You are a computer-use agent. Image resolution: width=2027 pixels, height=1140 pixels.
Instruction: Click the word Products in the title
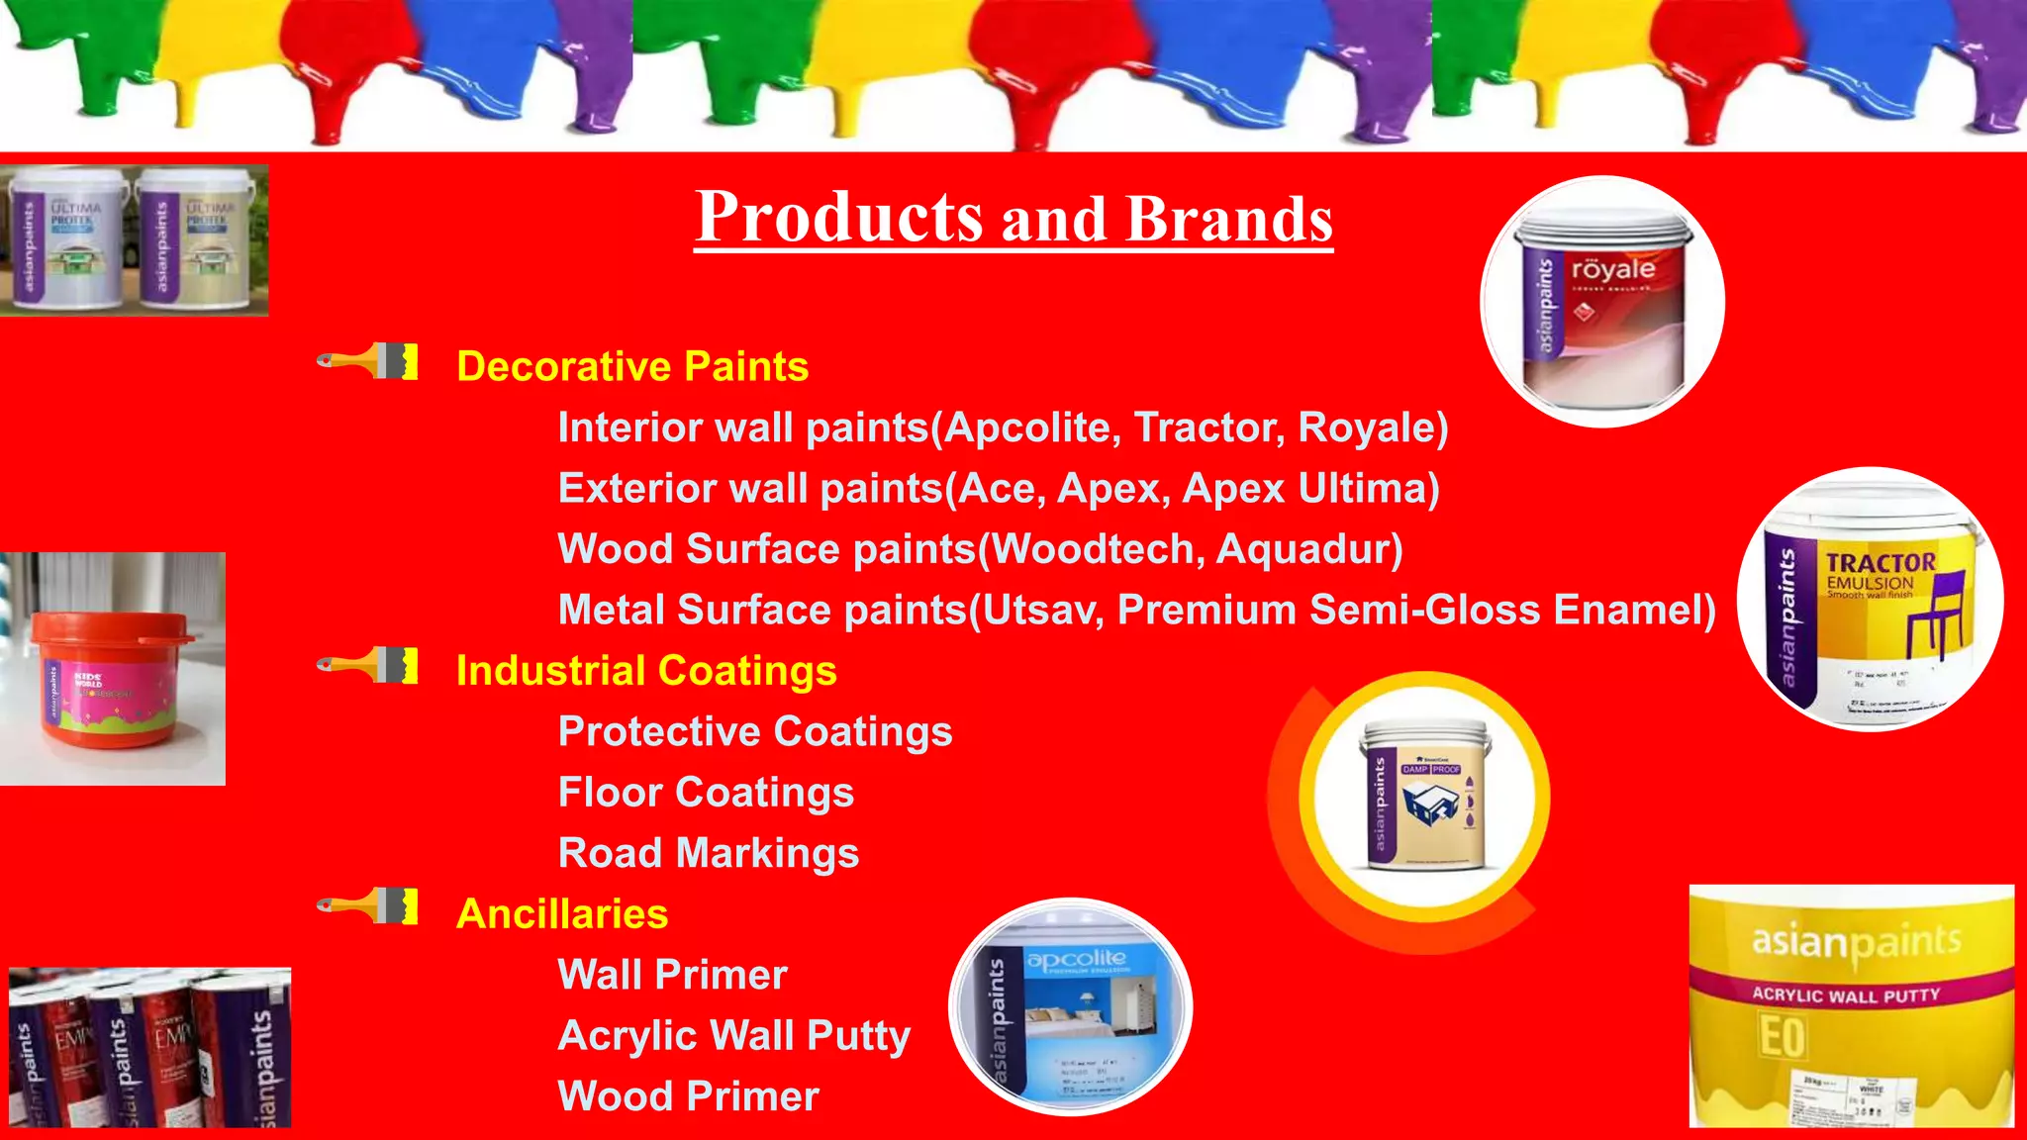coord(839,217)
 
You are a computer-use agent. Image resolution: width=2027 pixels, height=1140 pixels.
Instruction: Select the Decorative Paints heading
coord(632,367)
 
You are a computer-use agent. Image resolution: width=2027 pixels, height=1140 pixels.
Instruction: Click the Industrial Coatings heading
coord(646,671)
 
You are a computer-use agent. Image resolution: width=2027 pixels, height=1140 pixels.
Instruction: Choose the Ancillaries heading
coord(562,914)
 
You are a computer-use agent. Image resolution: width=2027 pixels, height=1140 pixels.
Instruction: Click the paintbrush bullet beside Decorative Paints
coord(368,362)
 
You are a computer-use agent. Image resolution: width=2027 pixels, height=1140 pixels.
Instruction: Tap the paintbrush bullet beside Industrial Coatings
coord(368,666)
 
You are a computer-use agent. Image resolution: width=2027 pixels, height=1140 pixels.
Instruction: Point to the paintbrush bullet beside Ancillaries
coord(368,907)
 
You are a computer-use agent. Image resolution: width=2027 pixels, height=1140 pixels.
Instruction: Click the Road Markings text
coord(709,853)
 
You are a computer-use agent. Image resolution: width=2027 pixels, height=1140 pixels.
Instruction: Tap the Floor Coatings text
coord(706,793)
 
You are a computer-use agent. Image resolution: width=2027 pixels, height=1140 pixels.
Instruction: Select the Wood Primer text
coord(689,1096)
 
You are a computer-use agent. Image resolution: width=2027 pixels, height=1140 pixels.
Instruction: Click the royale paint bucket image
coord(1601,302)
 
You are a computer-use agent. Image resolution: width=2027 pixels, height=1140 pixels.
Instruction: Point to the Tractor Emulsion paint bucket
coord(1869,601)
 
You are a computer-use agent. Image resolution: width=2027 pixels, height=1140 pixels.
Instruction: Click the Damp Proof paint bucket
coord(1425,797)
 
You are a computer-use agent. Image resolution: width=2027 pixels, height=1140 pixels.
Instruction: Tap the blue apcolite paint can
coord(1070,1007)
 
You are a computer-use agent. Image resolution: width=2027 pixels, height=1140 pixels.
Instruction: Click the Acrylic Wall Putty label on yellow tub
coord(1846,995)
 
